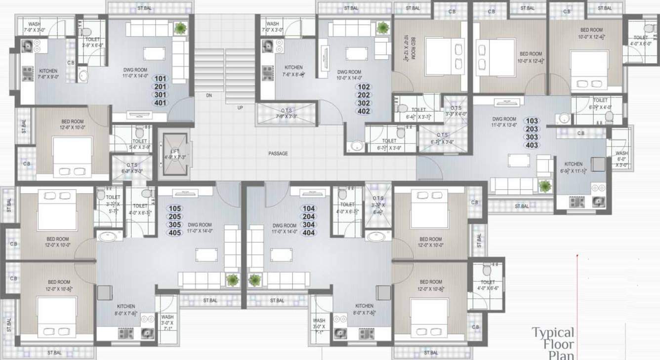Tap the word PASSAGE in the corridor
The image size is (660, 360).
point(278,154)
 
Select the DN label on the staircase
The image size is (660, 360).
point(209,96)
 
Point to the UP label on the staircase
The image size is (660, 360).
point(240,108)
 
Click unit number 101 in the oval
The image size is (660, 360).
point(161,79)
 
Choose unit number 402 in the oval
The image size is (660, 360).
point(363,112)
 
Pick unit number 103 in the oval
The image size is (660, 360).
point(532,121)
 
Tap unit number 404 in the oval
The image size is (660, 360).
point(309,233)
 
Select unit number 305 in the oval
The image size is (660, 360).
point(175,225)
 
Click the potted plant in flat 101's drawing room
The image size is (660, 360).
point(180,28)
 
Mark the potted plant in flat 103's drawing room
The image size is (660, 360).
point(545,186)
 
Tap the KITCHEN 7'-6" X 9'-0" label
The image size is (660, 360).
point(48,74)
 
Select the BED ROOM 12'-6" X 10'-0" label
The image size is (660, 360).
point(72,124)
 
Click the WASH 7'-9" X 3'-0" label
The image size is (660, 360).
point(34,27)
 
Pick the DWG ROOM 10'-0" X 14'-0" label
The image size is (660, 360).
point(349,75)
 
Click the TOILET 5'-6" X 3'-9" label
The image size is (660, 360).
point(140,144)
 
